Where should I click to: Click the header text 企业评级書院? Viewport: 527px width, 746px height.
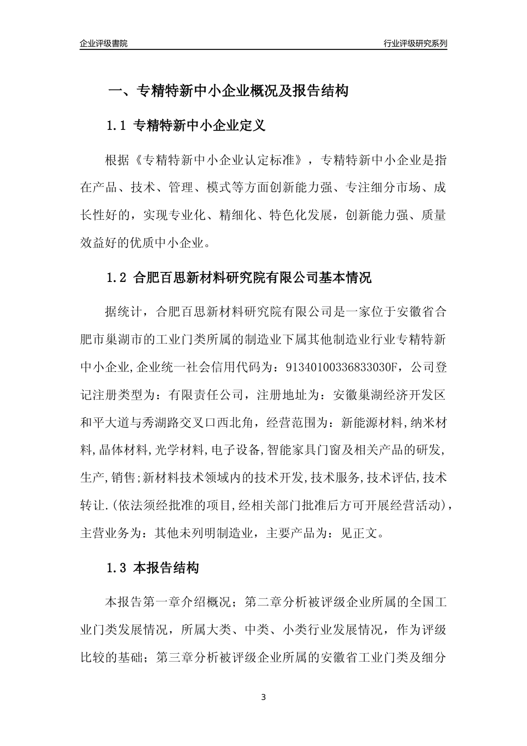click(104, 44)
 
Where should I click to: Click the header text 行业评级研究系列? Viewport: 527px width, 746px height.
click(415, 44)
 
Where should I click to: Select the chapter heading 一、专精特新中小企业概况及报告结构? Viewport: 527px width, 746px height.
click(227, 91)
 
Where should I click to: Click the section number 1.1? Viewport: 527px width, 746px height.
click(117, 126)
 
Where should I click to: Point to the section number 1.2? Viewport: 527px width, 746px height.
click(117, 278)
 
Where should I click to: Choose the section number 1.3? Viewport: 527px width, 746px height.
click(117, 568)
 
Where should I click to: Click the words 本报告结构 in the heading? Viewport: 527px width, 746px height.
click(166, 568)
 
